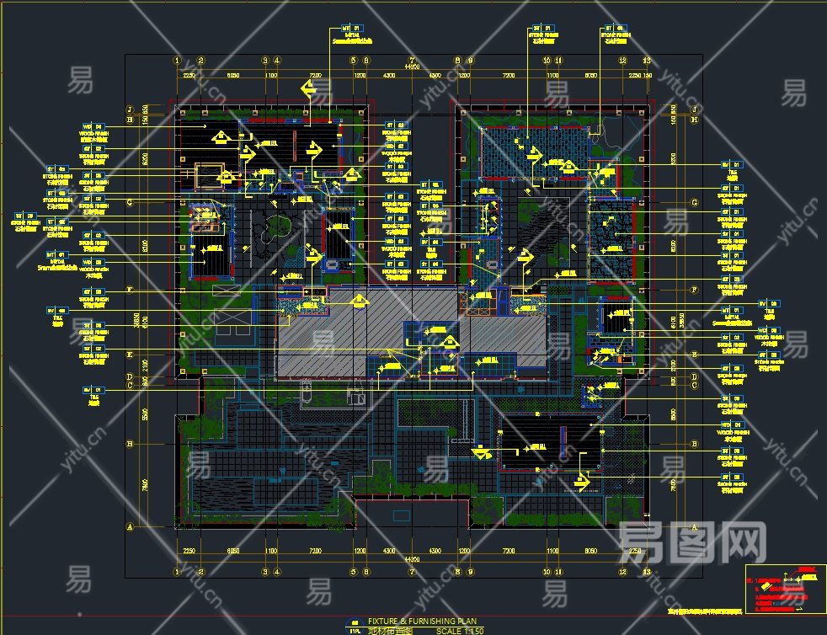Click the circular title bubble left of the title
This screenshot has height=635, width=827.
[355, 625]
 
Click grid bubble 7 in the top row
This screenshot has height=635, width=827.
[412, 61]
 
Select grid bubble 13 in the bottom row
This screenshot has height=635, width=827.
[647, 571]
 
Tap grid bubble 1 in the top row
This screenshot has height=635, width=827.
[177, 61]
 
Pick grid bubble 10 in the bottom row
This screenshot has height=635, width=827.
[547, 571]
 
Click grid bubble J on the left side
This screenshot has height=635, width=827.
[130, 109]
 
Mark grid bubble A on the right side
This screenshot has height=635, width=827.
[694, 527]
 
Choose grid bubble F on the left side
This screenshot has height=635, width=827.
[130, 290]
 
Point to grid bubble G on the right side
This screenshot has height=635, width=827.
[694, 203]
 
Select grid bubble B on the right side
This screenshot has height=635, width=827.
[694, 444]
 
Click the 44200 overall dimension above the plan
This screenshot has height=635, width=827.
[412, 67]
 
